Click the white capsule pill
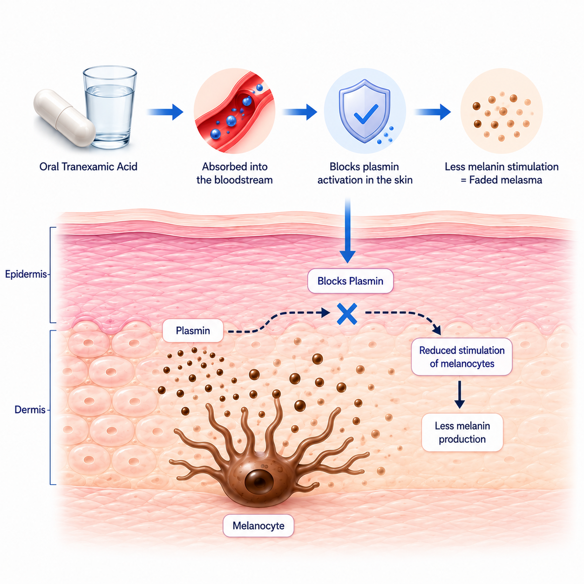tap(64, 117)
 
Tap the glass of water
tap(110, 107)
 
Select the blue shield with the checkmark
tap(365, 111)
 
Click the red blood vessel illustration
tap(234, 111)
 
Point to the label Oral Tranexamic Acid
tap(88, 166)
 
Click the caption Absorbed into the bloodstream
tap(235, 173)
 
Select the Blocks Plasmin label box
tap(350, 281)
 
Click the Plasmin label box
tap(193, 330)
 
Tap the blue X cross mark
tap(347, 314)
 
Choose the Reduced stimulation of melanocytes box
tap(462, 357)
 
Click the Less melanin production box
tap(462, 432)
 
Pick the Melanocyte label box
tap(258, 525)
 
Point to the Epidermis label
tap(26, 274)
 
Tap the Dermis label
tap(30, 410)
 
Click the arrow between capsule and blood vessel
tap(165, 112)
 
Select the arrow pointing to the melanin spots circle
tap(433, 112)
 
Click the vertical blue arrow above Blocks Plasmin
tap(347, 231)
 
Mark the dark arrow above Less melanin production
tap(460, 394)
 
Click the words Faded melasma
tap(505, 180)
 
